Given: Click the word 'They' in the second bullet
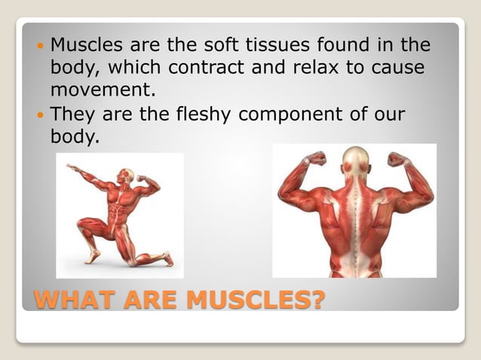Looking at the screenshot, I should pos(72,115).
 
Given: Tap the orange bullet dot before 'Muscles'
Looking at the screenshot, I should pos(40,45).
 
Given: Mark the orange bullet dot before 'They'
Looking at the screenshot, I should pos(40,116).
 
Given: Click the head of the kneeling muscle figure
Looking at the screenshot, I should pos(129,175).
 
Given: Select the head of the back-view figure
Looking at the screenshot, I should pos(355,159).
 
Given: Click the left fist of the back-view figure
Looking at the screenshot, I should pos(316,158).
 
